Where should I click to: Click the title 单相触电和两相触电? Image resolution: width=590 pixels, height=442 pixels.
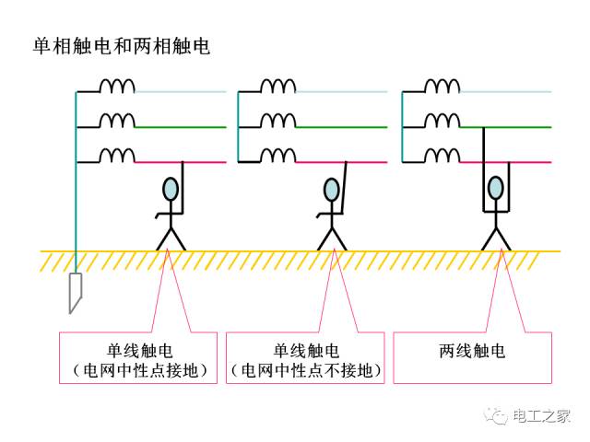pos(121,46)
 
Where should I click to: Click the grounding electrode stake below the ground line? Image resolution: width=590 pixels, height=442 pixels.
pos(76,293)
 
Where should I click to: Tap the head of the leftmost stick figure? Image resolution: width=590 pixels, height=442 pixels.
pos(171,189)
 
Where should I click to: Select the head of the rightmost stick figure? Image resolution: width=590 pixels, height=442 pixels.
pos(496,188)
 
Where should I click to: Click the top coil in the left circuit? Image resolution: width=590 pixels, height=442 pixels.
pos(117,86)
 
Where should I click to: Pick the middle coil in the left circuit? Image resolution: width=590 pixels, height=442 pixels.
pos(117,121)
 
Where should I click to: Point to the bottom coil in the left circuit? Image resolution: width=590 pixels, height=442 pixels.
pos(117,156)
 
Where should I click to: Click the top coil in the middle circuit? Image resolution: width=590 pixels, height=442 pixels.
pos(278,86)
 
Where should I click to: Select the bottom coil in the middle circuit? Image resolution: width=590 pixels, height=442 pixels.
pos(278,156)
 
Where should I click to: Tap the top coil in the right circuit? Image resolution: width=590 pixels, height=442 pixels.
pos(442,86)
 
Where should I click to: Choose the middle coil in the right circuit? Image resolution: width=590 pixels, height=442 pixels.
pos(442,121)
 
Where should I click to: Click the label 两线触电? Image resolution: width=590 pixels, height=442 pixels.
pos(472,351)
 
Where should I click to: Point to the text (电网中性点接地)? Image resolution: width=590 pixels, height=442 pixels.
pos(139,370)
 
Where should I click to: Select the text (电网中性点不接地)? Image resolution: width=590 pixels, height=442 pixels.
pos(305,370)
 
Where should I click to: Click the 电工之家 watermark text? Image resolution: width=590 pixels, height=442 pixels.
pos(541,416)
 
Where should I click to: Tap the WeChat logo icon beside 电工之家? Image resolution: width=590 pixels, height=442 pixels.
pos(496,415)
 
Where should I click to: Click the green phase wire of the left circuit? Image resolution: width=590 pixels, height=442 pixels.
pos(181,127)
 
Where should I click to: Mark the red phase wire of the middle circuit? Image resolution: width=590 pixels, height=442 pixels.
pos(341,162)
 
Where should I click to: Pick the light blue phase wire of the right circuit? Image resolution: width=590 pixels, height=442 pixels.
pos(505,92)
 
